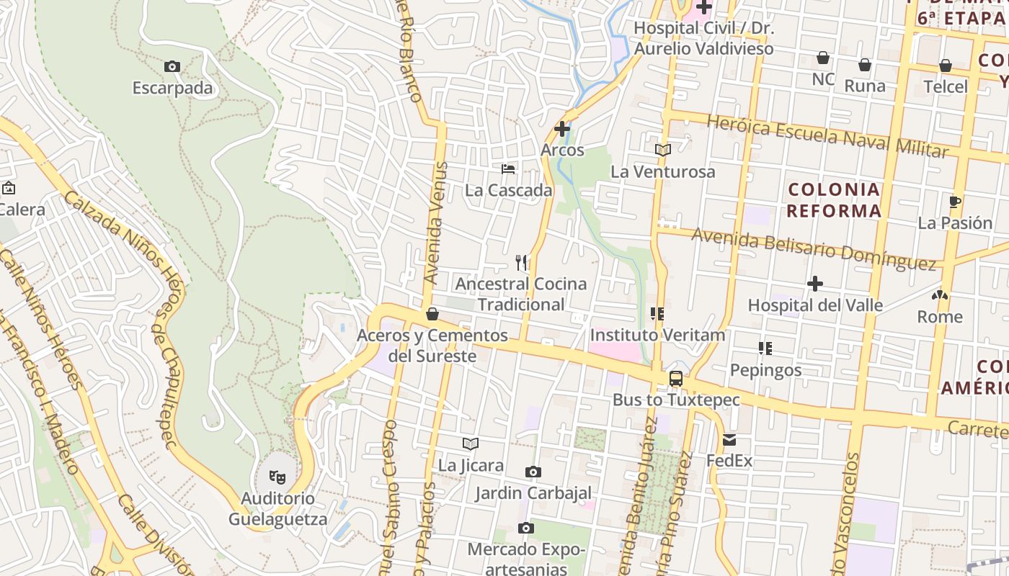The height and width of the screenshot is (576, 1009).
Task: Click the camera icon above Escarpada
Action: [172, 67]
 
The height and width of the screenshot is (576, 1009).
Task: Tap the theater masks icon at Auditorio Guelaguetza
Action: [277, 477]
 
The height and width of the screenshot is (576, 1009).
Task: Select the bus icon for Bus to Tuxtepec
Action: [676, 379]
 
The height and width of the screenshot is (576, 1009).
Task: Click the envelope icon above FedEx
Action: [729, 440]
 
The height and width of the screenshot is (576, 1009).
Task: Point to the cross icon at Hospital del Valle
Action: [815, 284]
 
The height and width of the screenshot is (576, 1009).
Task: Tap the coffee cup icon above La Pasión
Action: [955, 202]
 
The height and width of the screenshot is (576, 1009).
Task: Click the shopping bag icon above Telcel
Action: [946, 66]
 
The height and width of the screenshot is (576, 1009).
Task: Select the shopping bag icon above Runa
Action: [865, 65]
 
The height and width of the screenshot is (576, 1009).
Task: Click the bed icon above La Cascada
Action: [509, 169]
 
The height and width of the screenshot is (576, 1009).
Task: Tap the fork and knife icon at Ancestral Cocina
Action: [521, 262]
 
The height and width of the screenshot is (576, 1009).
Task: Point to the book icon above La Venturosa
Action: [663, 150]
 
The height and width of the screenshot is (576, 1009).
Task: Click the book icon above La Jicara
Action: [471, 444]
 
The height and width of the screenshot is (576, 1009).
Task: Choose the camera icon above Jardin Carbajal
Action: [533, 472]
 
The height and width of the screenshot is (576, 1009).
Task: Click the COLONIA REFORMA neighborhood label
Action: [834, 200]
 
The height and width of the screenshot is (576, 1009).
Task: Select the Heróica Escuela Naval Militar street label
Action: [827, 135]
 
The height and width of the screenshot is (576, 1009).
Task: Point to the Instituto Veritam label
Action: [657, 336]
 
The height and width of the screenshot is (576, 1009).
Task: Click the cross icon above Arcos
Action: [562, 130]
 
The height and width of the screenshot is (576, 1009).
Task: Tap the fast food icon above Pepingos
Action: [765, 348]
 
